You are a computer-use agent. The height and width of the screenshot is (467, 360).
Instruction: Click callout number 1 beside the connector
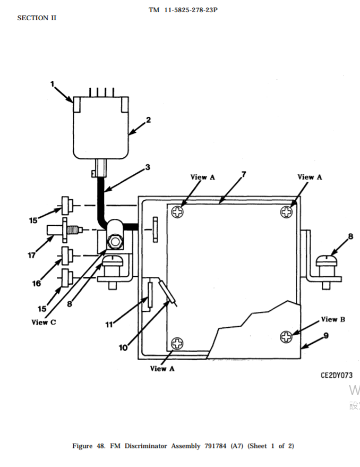53,84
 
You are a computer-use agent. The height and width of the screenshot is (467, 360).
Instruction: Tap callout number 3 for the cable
148,167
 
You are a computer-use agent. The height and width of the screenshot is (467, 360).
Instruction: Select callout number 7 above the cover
244,174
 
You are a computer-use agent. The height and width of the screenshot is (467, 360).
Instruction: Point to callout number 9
326,336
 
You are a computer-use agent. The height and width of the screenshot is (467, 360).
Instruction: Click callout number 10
123,347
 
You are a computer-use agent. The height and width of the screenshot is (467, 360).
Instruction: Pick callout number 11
109,325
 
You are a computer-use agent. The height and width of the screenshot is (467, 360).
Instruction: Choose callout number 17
32,255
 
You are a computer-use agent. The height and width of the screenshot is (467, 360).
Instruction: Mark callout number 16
37,284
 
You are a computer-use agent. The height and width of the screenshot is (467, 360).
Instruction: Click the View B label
333,319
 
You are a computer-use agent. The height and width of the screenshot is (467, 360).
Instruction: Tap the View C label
44,322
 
